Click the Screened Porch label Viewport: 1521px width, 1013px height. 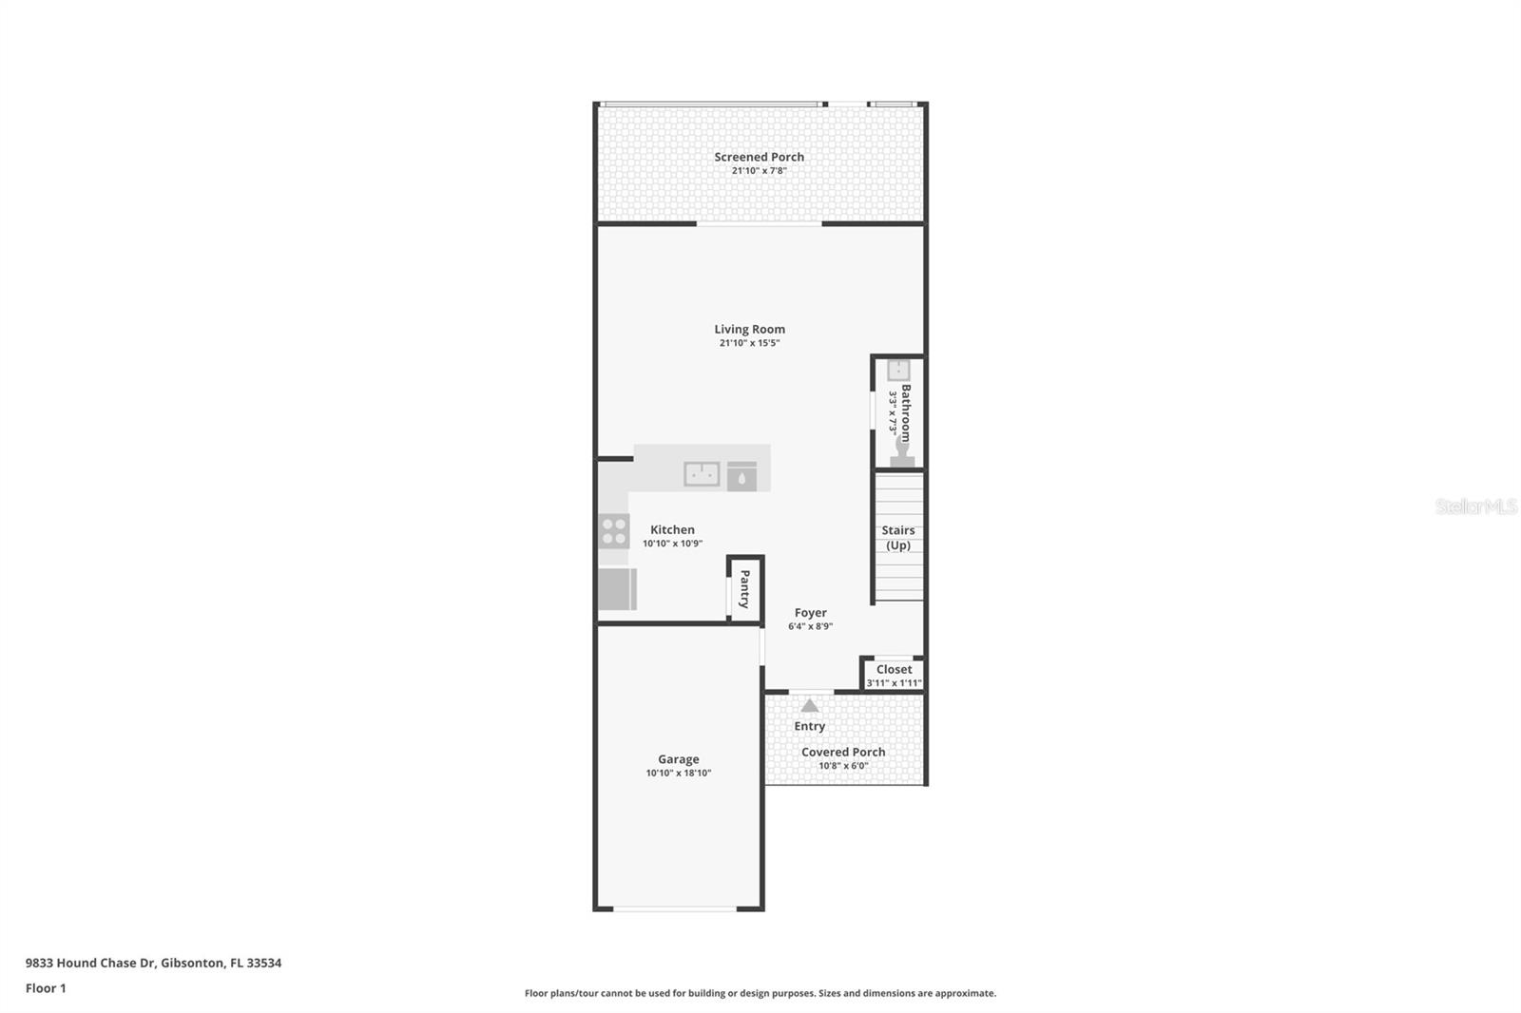tap(759, 157)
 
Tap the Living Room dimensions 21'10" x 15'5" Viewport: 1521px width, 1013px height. tap(749, 343)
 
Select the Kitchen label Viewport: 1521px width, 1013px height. tap(672, 529)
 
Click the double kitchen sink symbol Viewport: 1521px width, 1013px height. tap(702, 473)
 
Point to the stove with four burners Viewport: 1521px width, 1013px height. tap(614, 531)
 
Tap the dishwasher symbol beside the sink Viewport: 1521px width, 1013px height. tap(741, 476)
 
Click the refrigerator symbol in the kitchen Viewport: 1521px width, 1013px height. tap(617, 588)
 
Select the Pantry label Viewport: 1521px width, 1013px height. tap(744, 589)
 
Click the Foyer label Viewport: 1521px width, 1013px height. tap(810, 613)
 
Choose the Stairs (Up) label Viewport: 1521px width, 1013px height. tap(897, 538)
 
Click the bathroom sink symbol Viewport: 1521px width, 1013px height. tap(898, 370)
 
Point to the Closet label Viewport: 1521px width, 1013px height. tap(894, 669)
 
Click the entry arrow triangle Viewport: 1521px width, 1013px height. tap(809, 705)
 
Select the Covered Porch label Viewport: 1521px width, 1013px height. tap(842, 752)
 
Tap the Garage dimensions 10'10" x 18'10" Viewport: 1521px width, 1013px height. tap(678, 773)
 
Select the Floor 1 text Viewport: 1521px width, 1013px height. tap(46, 988)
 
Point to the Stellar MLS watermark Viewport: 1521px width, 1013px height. tap(1475, 506)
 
